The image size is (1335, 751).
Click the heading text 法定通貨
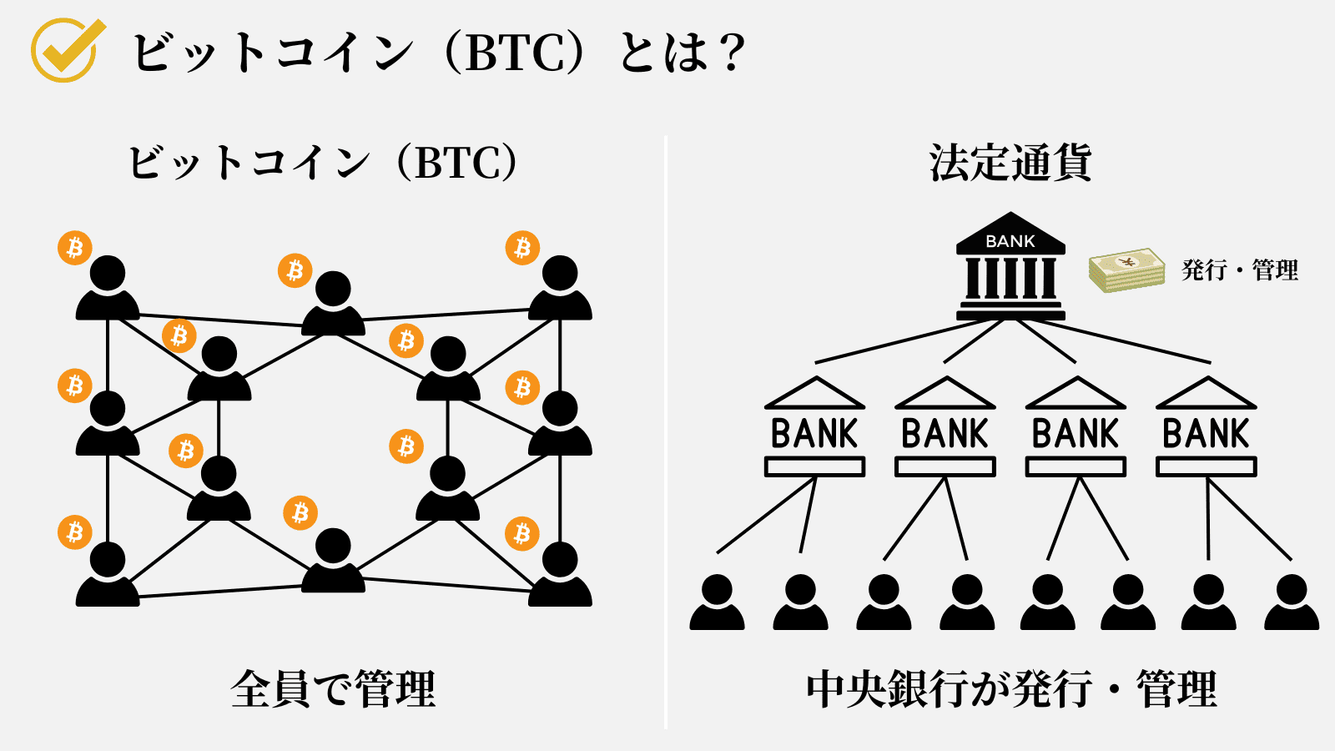click(1010, 163)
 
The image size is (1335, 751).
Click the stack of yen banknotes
click(1126, 270)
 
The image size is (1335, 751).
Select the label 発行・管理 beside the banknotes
click(1240, 270)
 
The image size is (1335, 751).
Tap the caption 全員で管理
click(333, 689)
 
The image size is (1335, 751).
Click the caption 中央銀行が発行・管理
click(1011, 689)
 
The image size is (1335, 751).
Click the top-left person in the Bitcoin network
click(108, 288)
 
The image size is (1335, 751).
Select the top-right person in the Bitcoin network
click(560, 288)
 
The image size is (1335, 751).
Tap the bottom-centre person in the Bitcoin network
click(333, 561)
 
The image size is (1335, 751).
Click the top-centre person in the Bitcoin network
click(333, 304)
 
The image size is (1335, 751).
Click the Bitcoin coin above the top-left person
click(74, 248)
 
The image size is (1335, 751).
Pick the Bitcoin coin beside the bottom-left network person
click(74, 532)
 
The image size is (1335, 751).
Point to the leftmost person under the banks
click(717, 602)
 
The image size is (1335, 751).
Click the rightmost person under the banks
click(1291, 602)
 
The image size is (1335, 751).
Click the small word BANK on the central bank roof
click(1010, 241)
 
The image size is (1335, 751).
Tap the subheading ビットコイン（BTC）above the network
click(323, 163)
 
